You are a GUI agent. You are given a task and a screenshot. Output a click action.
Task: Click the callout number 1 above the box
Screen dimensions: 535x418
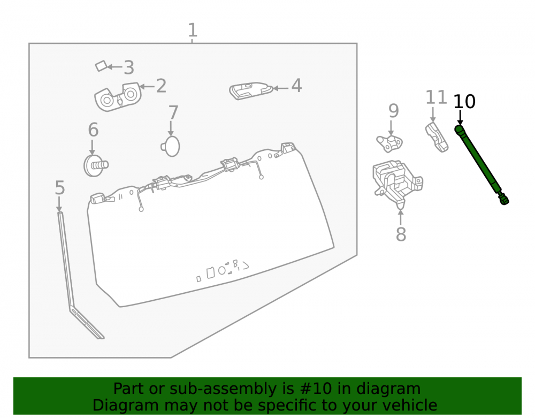[193, 31]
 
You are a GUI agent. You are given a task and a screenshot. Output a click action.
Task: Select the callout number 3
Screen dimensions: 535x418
[128, 67]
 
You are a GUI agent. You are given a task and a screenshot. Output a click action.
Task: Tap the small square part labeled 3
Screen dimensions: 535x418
[101, 66]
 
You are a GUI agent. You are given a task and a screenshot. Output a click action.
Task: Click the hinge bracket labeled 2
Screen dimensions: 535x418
[118, 96]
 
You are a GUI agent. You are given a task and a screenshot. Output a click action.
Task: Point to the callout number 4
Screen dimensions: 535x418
[296, 86]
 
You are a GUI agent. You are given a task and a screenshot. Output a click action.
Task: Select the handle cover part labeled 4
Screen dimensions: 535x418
[251, 90]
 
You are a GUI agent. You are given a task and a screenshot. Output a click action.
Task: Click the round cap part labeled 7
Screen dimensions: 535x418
[171, 147]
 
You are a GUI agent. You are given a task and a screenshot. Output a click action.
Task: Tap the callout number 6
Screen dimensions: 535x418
[93, 130]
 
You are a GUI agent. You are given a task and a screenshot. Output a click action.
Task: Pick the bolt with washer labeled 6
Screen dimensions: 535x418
[96, 165]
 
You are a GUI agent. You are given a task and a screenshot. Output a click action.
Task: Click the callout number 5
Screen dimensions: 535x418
[60, 188]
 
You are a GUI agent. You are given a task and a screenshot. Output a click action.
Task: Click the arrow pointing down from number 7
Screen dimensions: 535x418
[171, 128]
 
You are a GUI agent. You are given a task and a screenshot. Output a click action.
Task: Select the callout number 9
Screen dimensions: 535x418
[393, 111]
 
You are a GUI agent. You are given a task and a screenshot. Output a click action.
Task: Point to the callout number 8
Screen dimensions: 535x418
[401, 234]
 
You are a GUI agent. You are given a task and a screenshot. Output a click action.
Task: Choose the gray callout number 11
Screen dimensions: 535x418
[436, 97]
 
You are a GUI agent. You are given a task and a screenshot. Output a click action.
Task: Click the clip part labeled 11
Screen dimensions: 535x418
[437, 137]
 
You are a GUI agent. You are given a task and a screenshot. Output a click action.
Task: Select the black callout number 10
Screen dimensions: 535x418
[464, 102]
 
